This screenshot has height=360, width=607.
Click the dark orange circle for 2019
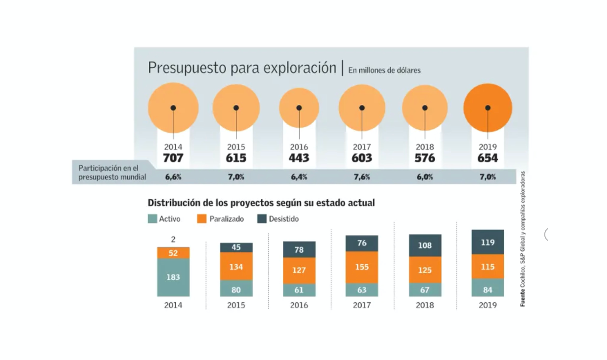[488, 108]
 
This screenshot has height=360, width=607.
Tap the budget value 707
[173, 158]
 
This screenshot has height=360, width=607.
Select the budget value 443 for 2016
[299, 158]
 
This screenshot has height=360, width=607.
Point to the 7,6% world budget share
[362, 177]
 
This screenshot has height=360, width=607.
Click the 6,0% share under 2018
[424, 177]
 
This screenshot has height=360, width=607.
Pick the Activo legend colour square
[152, 219]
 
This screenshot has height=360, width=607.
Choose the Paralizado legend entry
[220, 219]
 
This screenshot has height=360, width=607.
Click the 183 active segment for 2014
[173, 277]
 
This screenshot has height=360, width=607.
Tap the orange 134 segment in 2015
[236, 267]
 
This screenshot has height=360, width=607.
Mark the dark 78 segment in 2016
[299, 250]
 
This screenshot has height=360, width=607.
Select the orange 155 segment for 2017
[362, 267]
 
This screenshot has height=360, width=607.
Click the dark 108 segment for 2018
[425, 245]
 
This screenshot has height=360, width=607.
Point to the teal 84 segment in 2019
[488, 290]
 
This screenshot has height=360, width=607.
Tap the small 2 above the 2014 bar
[173, 240]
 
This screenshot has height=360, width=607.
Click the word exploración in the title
[300, 68]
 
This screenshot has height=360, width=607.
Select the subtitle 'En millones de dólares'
[384, 70]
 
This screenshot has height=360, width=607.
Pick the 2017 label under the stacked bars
[362, 305]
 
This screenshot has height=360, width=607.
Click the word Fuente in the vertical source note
[523, 298]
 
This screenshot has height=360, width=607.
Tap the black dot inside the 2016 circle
[299, 108]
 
